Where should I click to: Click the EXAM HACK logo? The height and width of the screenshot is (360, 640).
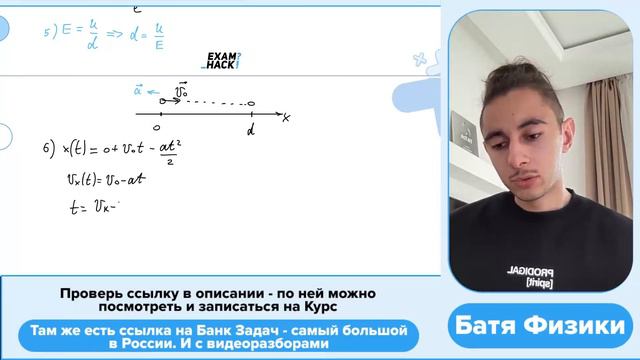220,60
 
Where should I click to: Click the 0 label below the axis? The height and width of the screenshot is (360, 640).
157,127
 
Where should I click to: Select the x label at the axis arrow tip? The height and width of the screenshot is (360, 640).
286,118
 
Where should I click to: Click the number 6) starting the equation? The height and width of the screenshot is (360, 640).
47,150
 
